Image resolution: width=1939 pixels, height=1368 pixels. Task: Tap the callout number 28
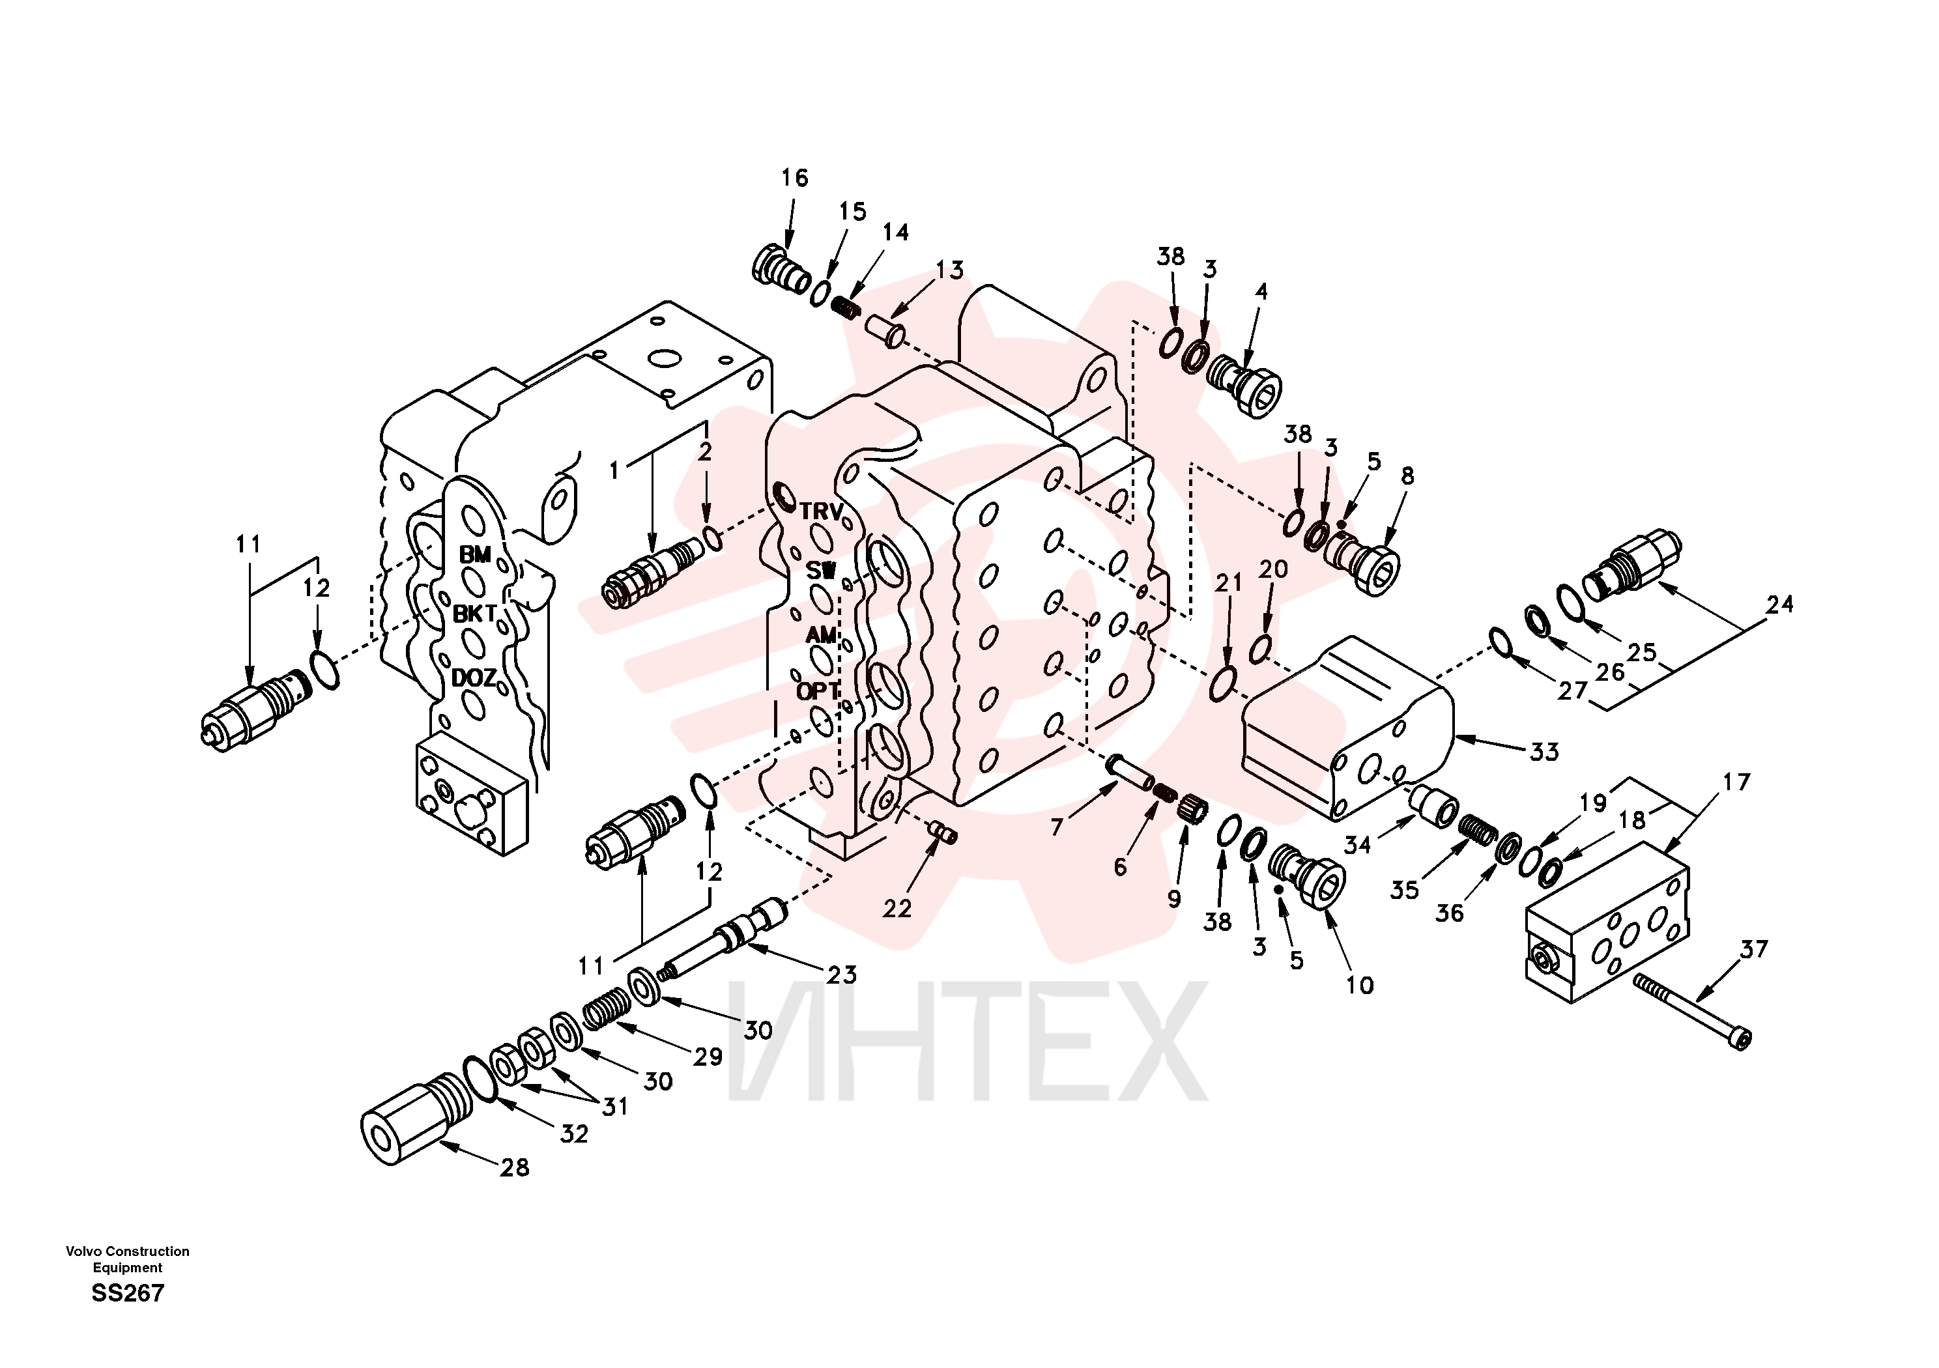coord(514,1168)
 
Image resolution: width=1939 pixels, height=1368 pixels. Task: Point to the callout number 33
coord(1545,752)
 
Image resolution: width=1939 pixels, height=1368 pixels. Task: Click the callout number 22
coord(897,909)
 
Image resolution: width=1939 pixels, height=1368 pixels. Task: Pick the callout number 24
coord(1779,605)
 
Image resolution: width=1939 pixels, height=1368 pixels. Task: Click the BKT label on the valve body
coord(474,614)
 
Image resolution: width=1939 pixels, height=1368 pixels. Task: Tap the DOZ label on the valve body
coord(474,677)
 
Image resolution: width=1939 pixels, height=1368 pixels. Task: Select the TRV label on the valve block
coord(821,512)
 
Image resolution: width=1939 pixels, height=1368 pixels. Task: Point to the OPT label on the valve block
coord(818,691)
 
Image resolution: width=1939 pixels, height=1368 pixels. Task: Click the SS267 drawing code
coord(128,1293)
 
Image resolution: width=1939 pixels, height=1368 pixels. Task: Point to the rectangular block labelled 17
coord(1608,934)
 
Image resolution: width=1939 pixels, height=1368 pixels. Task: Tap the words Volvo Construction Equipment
coord(128,1259)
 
